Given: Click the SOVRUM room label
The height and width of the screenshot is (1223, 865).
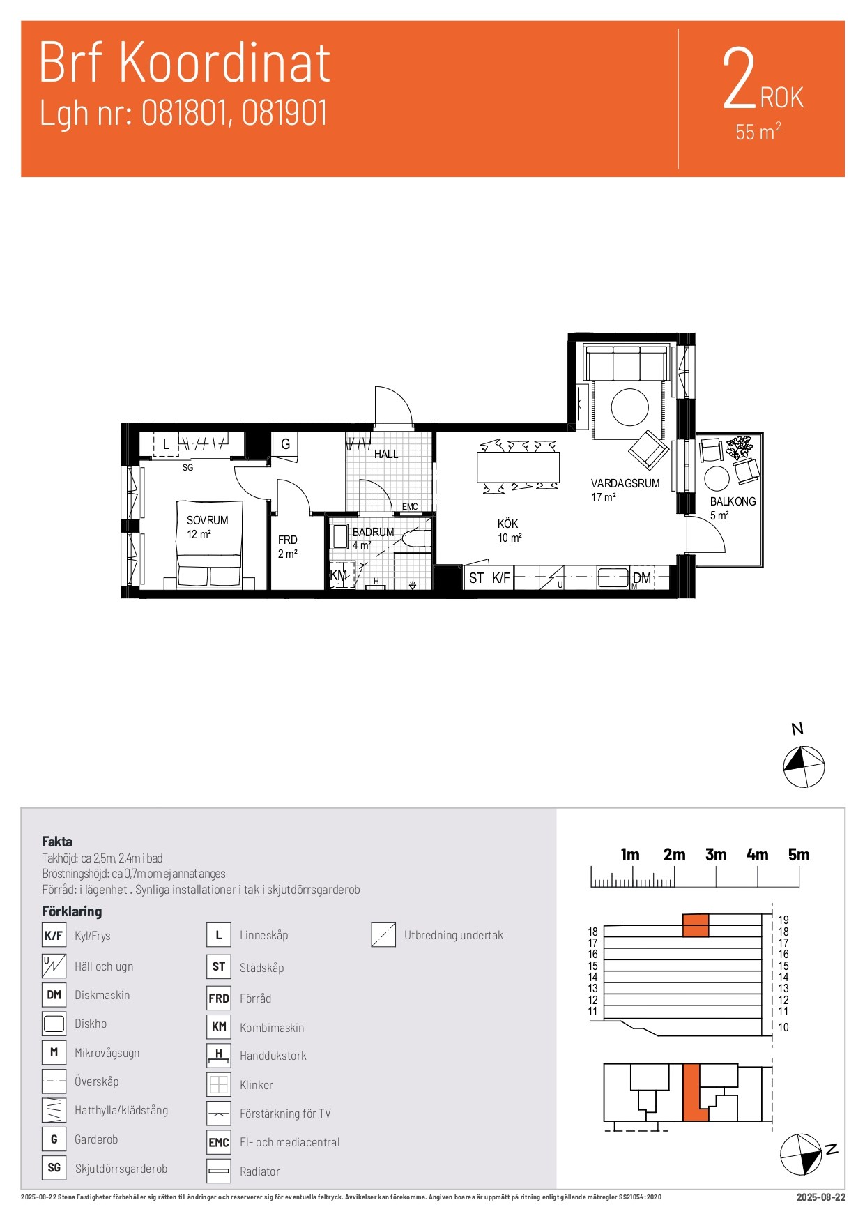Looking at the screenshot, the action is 207,520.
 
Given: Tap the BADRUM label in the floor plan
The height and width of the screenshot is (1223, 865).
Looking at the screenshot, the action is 373,532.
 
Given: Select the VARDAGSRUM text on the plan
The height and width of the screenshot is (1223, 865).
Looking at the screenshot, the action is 625,483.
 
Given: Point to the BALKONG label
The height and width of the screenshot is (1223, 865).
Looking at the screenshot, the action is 733,501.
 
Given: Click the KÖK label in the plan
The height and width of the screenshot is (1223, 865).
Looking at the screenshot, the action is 507,524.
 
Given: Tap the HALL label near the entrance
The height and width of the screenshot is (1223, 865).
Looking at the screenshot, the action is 386,454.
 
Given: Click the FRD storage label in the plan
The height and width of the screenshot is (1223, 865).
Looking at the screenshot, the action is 287,540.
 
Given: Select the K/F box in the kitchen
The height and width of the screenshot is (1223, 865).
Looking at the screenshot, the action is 501,578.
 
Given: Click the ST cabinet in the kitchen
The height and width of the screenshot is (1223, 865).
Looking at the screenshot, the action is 476,578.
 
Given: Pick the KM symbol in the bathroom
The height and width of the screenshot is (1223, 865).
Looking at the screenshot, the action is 338,575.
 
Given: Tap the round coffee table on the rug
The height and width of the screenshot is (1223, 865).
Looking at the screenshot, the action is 630,407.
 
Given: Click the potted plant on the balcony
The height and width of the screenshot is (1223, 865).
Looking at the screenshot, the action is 739,446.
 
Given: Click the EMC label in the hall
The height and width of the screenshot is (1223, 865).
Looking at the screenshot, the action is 410,507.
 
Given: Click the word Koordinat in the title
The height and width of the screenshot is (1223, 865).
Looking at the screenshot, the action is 224,63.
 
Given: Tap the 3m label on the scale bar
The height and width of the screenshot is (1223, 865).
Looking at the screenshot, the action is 716,855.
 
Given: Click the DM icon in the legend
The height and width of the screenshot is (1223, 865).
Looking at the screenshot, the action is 54,995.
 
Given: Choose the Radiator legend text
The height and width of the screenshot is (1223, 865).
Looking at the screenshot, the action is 260,1171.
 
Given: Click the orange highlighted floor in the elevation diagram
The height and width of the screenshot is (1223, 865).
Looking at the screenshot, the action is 696,925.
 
